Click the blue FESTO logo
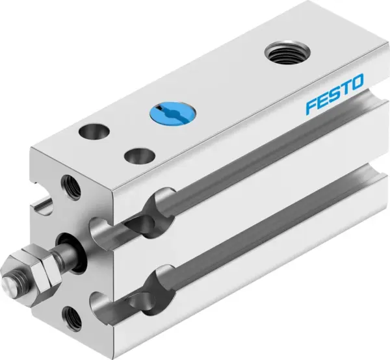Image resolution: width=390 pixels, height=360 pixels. pyautogui.click(x=335, y=97)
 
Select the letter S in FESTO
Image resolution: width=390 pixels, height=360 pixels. pyautogui.click(x=335, y=97)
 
